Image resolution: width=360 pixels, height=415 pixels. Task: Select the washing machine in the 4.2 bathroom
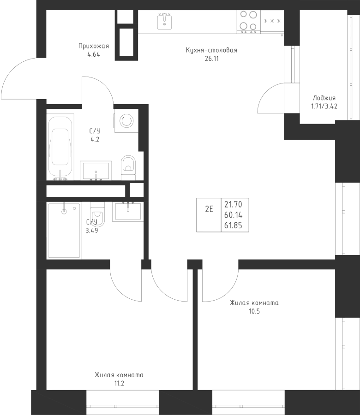(x=126, y=121)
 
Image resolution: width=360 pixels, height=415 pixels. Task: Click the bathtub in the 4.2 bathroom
(x=60, y=147)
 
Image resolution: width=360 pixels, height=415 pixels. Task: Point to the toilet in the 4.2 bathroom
(x=128, y=168)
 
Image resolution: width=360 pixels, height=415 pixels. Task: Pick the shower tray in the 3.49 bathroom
(x=64, y=230)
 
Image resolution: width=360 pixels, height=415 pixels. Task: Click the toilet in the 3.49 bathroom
(x=97, y=215)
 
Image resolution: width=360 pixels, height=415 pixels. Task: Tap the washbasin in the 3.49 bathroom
(x=128, y=212)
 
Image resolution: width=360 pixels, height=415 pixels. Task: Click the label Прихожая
(x=94, y=46)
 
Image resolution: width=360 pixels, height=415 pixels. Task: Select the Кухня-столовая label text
(x=211, y=50)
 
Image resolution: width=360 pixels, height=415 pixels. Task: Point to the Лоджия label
(x=324, y=98)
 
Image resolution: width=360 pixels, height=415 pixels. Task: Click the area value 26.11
(x=212, y=59)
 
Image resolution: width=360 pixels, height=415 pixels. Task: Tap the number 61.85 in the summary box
(x=233, y=225)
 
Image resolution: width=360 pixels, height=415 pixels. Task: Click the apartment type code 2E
(x=209, y=209)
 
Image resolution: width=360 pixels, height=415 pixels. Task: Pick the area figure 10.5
(x=254, y=311)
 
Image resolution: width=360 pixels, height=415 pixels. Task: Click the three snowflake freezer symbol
(x=272, y=21)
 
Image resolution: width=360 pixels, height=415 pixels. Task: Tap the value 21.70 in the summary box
(x=233, y=204)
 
